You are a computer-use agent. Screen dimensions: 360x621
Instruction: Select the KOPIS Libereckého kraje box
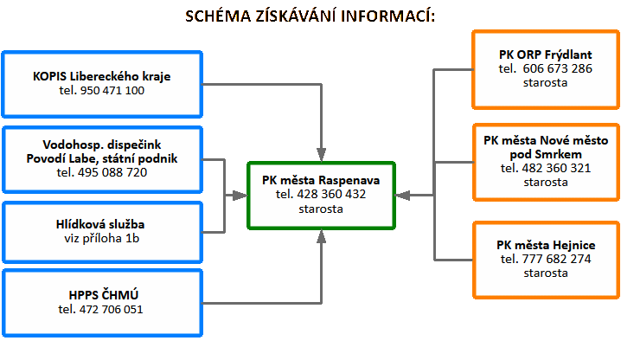click(x=102, y=83)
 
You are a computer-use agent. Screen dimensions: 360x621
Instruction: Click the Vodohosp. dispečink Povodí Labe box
click(x=102, y=158)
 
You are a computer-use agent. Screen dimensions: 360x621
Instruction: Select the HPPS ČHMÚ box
click(x=102, y=302)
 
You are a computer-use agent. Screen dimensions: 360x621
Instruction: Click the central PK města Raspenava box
click(x=321, y=195)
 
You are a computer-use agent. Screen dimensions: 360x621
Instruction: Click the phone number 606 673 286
click(x=558, y=68)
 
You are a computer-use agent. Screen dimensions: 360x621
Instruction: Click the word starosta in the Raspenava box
click(x=321, y=209)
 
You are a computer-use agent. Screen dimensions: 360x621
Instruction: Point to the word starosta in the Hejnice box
click(x=545, y=273)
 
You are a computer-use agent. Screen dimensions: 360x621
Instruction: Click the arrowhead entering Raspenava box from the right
click(x=400, y=196)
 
